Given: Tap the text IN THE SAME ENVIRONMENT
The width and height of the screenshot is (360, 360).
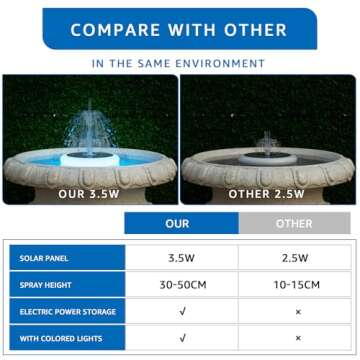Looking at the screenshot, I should pyautogui.click(x=180, y=63).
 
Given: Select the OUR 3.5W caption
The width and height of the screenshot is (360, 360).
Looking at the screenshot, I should pyautogui.click(x=90, y=193).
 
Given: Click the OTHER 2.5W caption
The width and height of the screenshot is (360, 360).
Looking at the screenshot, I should pyautogui.click(x=268, y=193).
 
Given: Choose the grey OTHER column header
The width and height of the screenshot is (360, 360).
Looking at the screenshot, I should pyautogui.click(x=292, y=223).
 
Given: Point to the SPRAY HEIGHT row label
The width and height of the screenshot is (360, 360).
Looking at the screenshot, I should pyautogui.click(x=44, y=285).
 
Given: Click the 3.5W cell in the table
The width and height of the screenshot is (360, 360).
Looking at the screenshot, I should pyautogui.click(x=181, y=258).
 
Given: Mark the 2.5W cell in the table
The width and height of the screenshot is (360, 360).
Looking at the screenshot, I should pyautogui.click(x=293, y=258).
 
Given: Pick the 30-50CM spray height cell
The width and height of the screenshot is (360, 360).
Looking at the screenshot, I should pyautogui.click(x=181, y=285).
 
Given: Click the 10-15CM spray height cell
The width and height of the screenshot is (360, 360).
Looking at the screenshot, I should pyautogui.click(x=293, y=285).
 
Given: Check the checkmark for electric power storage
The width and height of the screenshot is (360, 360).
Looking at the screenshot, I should pyautogui.click(x=181, y=312).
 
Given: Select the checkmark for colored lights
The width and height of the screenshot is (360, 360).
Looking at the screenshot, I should pyautogui.click(x=181, y=339).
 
